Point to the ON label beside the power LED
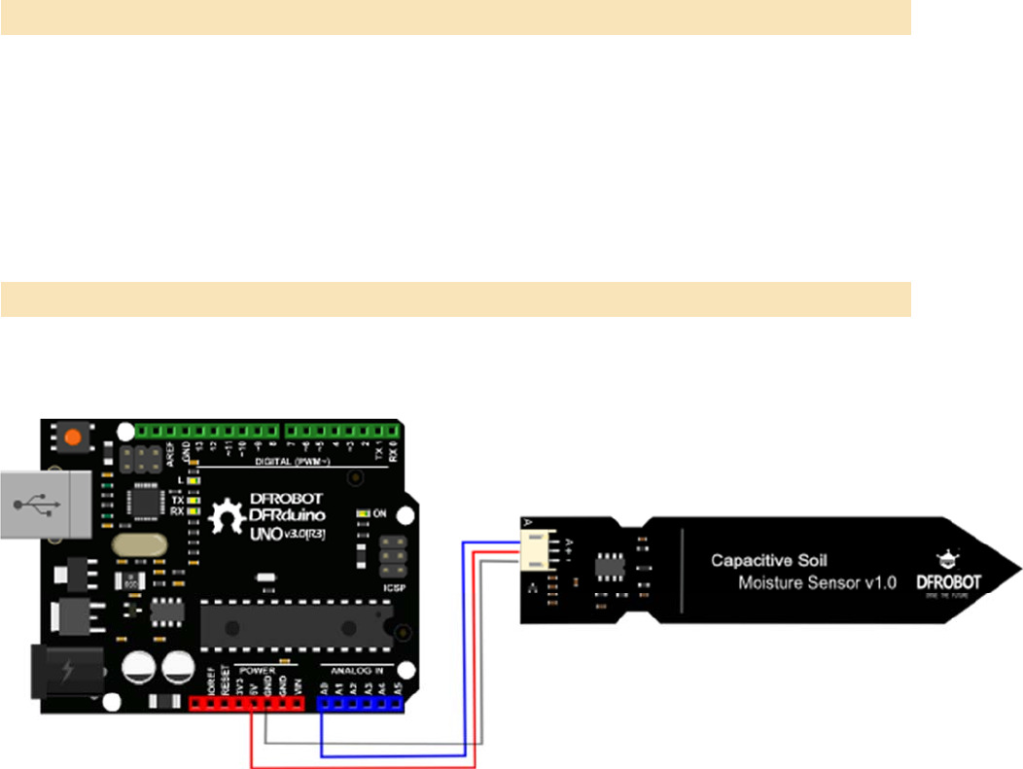click(380, 513)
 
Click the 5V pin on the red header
click(252, 705)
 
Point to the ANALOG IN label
click(358, 669)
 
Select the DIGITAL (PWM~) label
click(293, 460)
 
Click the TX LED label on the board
click(177, 499)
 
